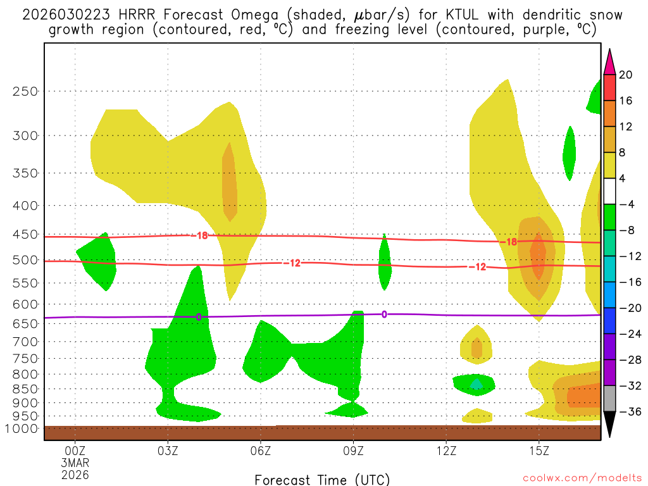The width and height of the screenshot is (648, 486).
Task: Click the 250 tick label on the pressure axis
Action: (25, 91)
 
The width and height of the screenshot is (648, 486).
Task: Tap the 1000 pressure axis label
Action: (23, 429)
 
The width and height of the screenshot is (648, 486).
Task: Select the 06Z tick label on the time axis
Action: (261, 451)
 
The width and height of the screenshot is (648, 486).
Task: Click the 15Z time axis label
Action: (539, 451)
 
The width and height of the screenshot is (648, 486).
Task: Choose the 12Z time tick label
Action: (446, 451)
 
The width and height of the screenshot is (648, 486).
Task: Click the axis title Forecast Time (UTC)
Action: (323, 479)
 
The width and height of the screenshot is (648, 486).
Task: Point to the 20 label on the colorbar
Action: (626, 75)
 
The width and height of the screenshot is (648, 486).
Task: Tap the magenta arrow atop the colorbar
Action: (610, 61)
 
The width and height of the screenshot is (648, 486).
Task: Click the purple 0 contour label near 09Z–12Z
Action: (384, 314)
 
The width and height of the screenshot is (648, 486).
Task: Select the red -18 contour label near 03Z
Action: (201, 236)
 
